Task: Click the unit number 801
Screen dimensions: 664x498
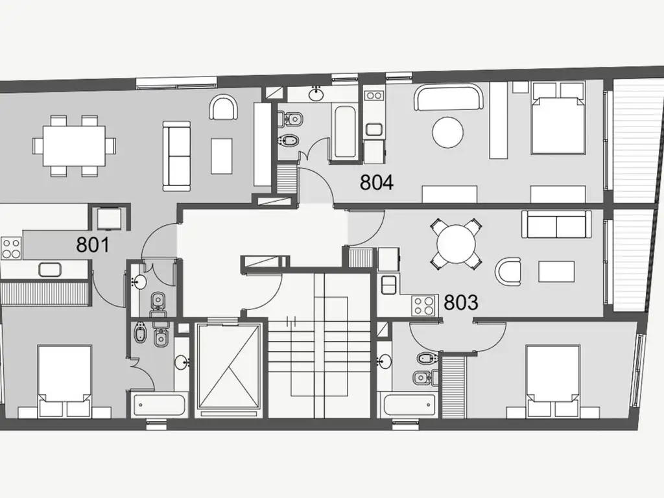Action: (x=93, y=244)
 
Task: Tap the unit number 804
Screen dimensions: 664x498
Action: (x=377, y=182)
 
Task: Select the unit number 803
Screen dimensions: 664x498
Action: (x=461, y=302)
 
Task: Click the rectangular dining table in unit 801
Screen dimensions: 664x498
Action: (x=74, y=146)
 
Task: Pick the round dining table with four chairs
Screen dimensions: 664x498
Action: (x=456, y=244)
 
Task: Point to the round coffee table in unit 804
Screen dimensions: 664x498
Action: (x=447, y=132)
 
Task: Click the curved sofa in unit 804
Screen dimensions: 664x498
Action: (x=449, y=97)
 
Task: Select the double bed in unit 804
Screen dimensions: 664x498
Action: (x=559, y=118)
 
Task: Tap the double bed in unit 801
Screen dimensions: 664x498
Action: (x=65, y=381)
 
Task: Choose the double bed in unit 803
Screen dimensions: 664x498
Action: (x=552, y=381)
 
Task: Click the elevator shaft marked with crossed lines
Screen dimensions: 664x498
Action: (x=229, y=366)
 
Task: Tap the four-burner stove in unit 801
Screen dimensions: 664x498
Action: (x=12, y=248)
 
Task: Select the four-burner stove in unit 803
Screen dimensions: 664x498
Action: (x=424, y=305)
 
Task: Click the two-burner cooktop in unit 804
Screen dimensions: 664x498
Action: (x=374, y=96)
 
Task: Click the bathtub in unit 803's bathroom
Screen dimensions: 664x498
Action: (x=410, y=405)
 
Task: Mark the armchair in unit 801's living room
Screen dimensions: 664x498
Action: (x=223, y=108)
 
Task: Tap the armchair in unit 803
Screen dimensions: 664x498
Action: (x=508, y=272)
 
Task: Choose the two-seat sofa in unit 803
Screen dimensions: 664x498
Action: (x=556, y=224)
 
